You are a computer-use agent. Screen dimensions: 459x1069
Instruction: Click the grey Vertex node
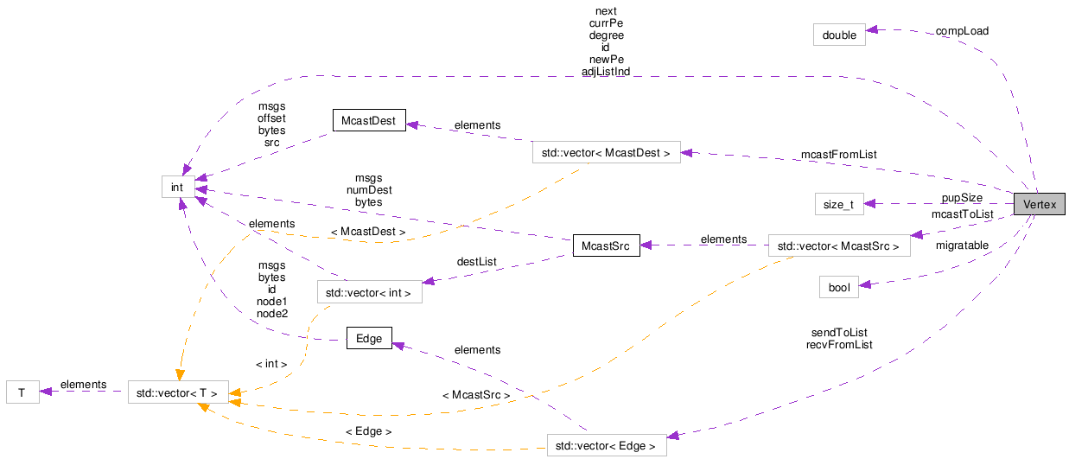coord(1040,205)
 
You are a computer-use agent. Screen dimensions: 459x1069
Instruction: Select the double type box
coord(839,35)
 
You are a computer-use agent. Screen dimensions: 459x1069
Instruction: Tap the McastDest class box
coord(369,121)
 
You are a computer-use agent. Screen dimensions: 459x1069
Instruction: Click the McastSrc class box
coord(605,245)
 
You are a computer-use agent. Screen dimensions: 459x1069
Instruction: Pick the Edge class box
coord(369,338)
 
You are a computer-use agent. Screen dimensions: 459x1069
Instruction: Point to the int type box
coord(178,186)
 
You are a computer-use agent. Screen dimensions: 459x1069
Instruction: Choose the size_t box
coord(839,204)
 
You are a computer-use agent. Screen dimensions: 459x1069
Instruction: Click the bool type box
coord(839,287)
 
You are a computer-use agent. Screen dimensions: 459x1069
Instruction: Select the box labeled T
coord(22,392)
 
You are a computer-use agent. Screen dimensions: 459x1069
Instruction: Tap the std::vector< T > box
coord(178,392)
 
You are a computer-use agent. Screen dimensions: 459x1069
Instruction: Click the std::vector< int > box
coord(370,291)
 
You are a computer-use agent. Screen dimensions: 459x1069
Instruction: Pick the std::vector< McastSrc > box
coord(839,245)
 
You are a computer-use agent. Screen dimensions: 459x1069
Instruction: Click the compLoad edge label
coord(962,31)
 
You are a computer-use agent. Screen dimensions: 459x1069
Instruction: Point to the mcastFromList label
coord(838,155)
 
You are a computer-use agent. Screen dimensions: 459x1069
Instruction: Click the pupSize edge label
coord(962,198)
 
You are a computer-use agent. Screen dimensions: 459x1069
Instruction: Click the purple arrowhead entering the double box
coord(871,30)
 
